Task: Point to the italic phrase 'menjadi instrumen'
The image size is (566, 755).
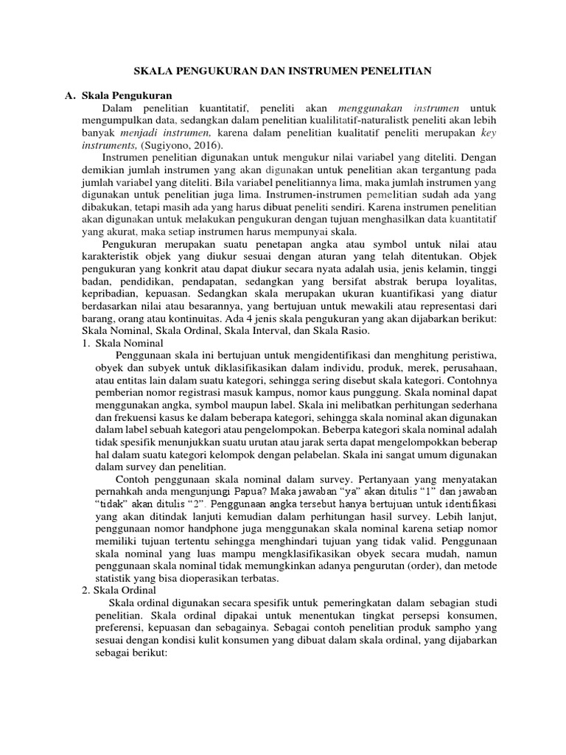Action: pyautogui.click(x=174, y=133)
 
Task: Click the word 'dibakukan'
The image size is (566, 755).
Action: pyautogui.click(x=105, y=209)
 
